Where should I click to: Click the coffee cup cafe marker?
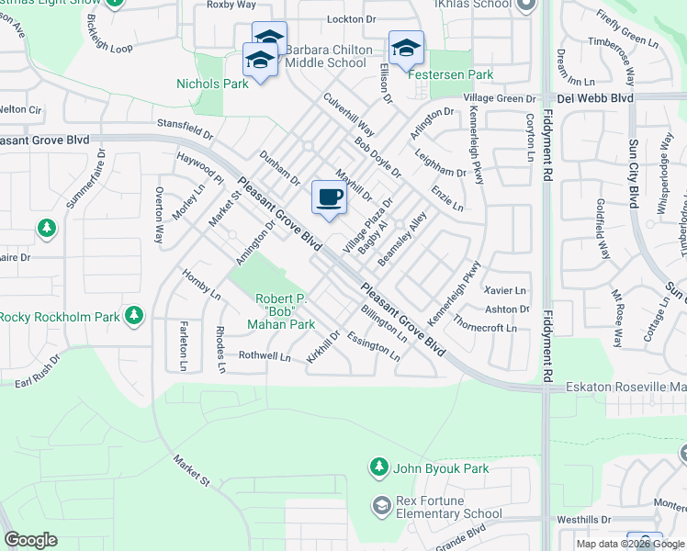[x=329, y=197]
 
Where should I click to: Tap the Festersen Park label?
[x=451, y=75]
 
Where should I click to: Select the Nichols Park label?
[x=212, y=84]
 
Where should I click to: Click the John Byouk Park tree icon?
[x=378, y=468]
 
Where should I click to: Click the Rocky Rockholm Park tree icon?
[x=134, y=317]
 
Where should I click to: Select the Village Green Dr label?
[x=500, y=98]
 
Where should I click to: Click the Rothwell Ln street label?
[x=264, y=355]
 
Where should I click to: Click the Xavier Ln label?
[x=509, y=290]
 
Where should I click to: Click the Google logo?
[x=30, y=540]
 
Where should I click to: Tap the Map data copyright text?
[x=629, y=544]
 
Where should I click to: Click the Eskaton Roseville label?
[x=625, y=387]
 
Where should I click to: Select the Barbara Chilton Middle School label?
[x=329, y=57]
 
